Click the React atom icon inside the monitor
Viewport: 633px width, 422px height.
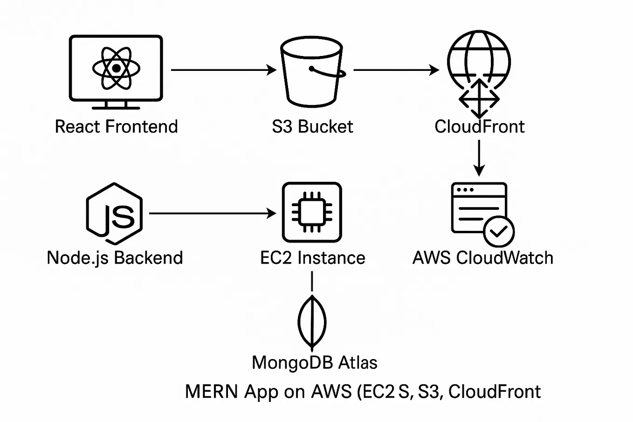(116, 68)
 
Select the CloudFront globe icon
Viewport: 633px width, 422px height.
(479, 58)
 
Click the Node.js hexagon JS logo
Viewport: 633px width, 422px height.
(114, 214)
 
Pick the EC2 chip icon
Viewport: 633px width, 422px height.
(312, 213)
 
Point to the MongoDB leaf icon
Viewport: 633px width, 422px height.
(312, 322)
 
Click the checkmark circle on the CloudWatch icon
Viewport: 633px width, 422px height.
(499, 231)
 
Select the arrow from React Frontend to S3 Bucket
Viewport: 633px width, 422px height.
(223, 70)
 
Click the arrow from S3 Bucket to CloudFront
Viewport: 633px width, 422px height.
(396, 70)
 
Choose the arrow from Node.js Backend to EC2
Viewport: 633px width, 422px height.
(213, 214)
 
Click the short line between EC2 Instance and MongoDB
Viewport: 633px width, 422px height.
(312, 282)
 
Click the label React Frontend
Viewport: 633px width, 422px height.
(116, 127)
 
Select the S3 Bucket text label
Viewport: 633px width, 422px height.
(312, 127)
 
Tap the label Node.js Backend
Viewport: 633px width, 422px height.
(115, 258)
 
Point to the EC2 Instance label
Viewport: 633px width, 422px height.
(312, 258)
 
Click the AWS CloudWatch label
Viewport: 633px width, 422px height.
(483, 258)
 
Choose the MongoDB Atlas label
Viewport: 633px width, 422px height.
(314, 363)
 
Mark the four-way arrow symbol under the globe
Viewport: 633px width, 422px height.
(479, 98)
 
